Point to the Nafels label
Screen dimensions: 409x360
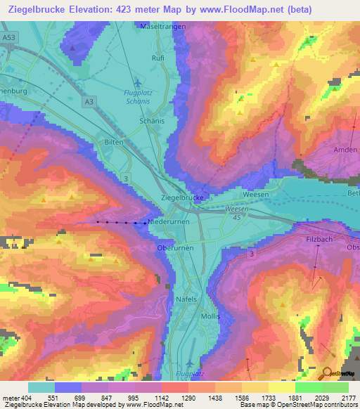[185, 299]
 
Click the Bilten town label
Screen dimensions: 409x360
[115, 142]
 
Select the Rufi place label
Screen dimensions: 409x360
[158, 58]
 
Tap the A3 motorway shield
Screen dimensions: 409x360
[89, 102]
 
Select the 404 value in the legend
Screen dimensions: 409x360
[26, 398]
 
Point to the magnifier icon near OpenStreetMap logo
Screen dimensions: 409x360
[327, 374]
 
